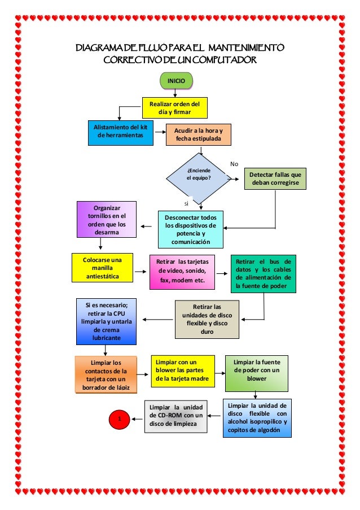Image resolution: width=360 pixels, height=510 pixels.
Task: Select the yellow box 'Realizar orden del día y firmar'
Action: pyautogui.click(x=174, y=108)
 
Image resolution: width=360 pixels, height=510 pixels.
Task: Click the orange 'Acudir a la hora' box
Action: pyautogui.click(x=199, y=134)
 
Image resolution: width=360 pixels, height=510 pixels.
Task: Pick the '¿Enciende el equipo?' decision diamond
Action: pyautogui.click(x=198, y=176)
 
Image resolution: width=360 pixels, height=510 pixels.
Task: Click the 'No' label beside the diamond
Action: pyautogui.click(x=234, y=164)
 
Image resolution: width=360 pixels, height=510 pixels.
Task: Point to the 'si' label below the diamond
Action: pyautogui.click(x=186, y=202)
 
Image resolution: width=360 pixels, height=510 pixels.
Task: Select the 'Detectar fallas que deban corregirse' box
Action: pyautogui.click(x=275, y=179)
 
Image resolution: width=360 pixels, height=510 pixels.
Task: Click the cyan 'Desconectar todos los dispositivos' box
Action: pyautogui.click(x=191, y=229)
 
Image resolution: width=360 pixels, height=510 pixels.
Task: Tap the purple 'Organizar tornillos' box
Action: pyautogui.click(x=106, y=219)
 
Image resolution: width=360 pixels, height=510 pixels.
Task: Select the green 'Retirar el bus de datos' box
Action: pyautogui.click(x=264, y=274)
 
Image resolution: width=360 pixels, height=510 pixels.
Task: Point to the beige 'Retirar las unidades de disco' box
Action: pyautogui.click(x=207, y=319)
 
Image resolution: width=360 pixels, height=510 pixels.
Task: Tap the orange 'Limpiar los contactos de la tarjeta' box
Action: pyautogui.click(x=106, y=374)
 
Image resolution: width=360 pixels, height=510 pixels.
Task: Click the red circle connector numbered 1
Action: pyautogui.click(x=119, y=419)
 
